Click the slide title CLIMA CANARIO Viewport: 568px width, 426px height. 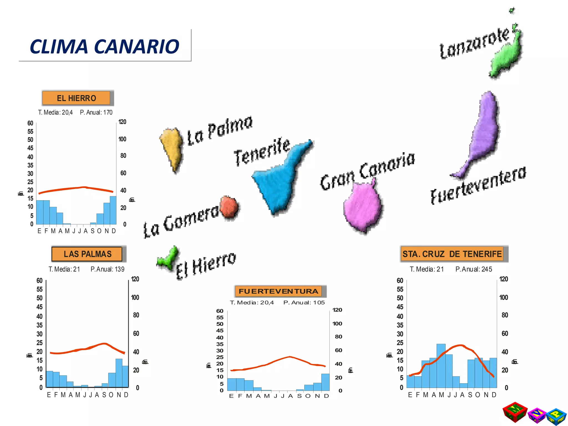105,46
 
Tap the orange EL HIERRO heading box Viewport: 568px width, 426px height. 76,98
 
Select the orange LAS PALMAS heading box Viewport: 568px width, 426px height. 87,254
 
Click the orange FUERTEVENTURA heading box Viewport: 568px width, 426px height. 278,291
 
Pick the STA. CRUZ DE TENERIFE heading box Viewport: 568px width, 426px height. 452,254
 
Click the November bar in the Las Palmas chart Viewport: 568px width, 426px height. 119,373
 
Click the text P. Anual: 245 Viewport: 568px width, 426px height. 474,269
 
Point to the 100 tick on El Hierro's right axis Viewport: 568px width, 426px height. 122,139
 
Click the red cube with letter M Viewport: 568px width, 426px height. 515,412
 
